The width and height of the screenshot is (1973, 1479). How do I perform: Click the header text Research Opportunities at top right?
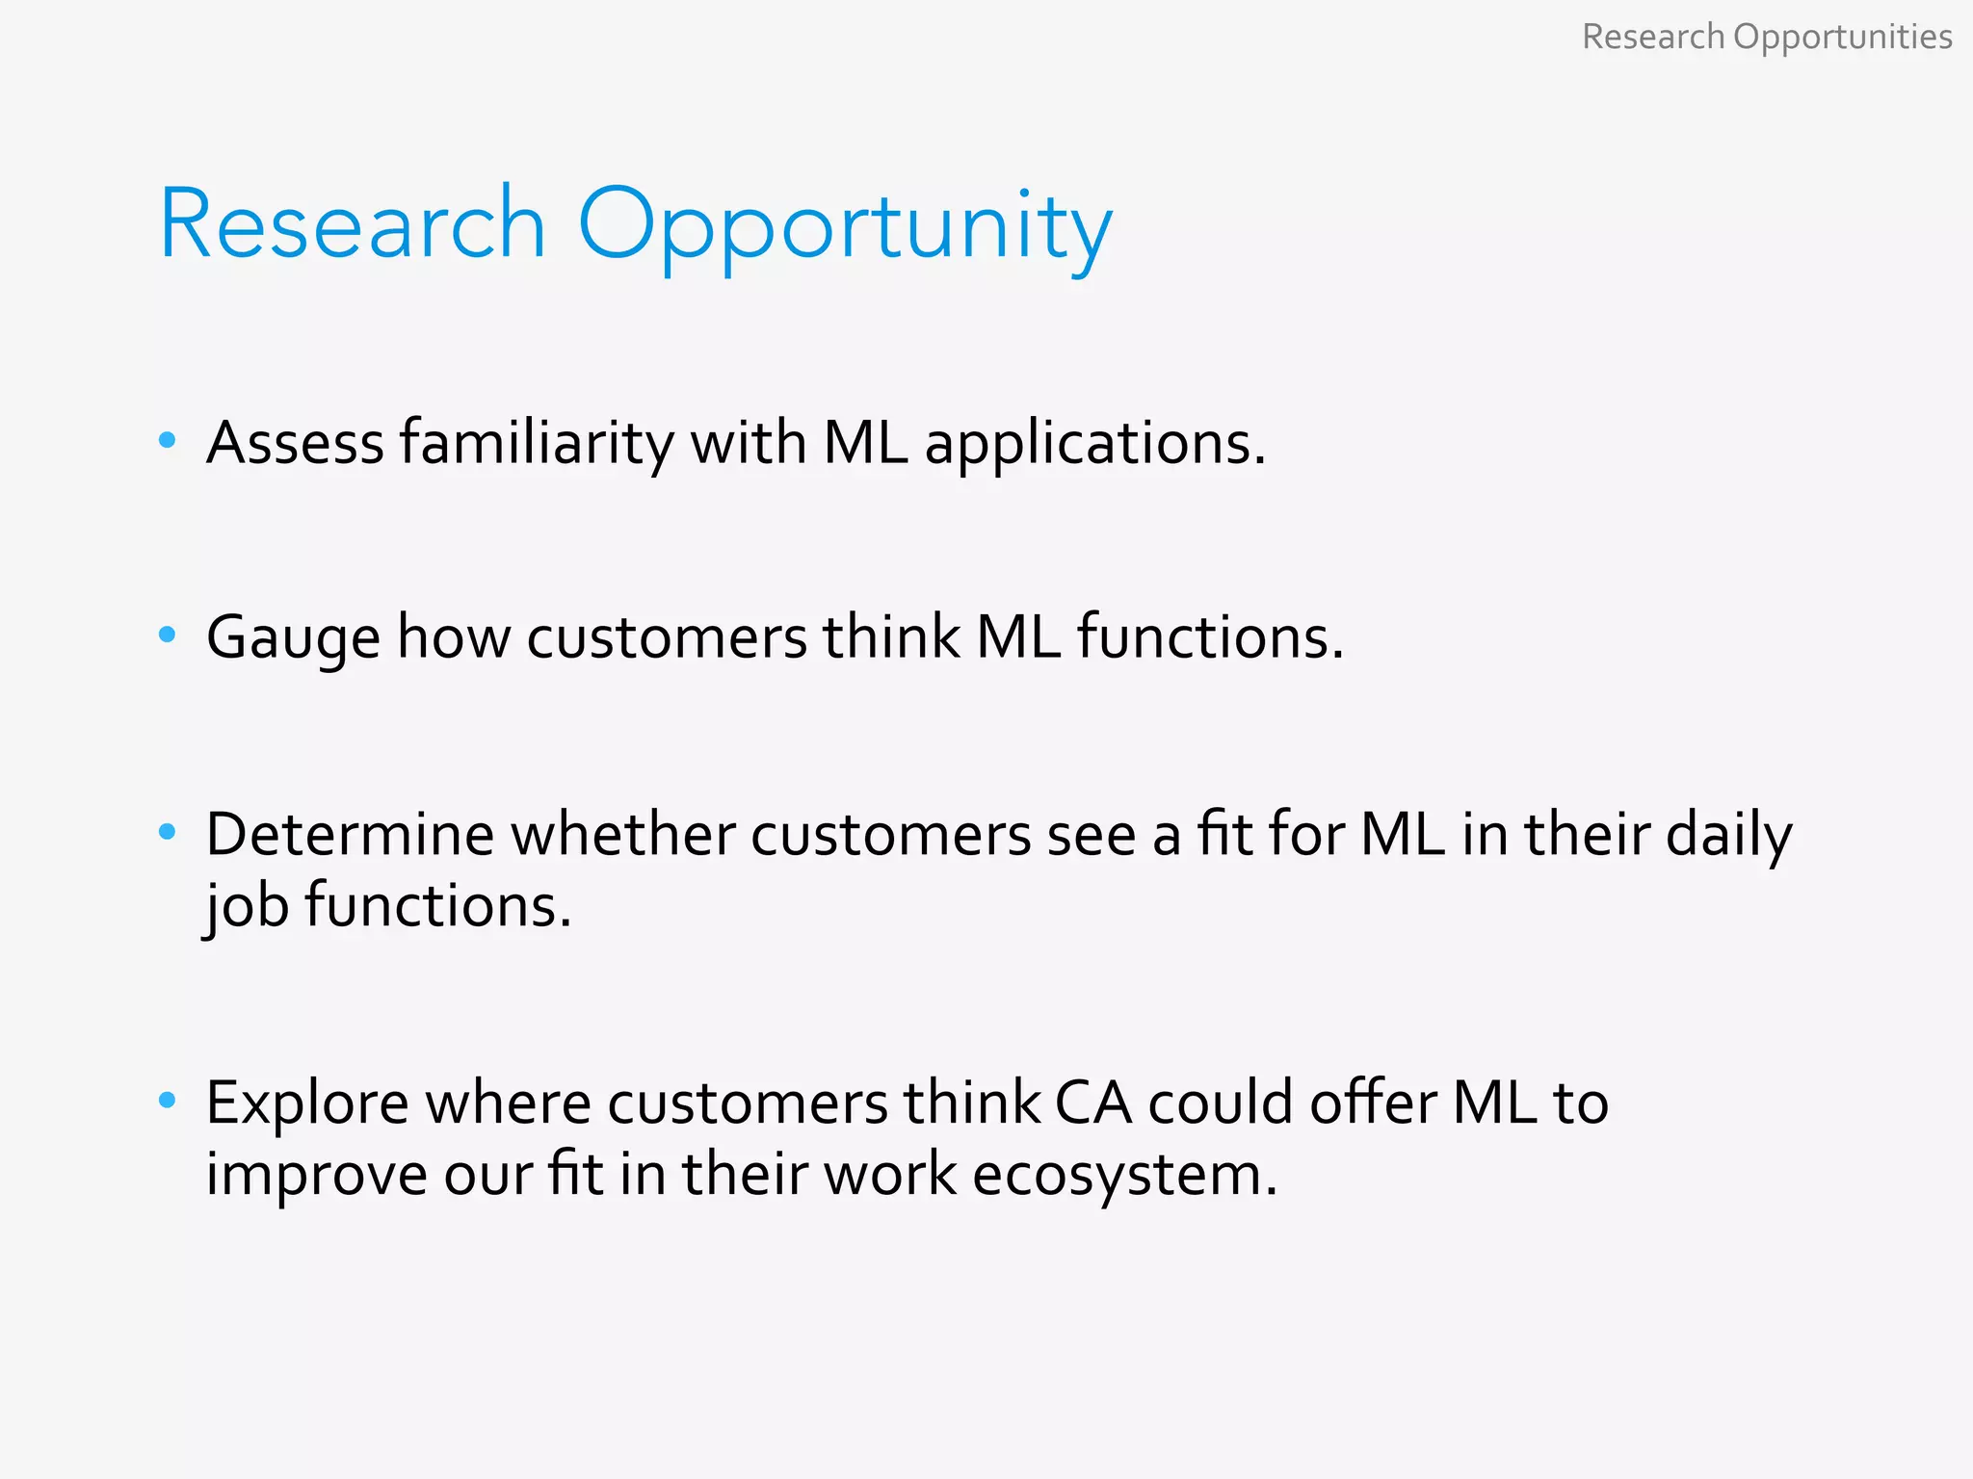[1767, 38]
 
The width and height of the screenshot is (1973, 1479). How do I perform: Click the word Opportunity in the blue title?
[845, 227]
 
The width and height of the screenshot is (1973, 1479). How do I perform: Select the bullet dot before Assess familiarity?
[168, 440]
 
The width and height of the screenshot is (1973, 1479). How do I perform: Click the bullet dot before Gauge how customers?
[168, 635]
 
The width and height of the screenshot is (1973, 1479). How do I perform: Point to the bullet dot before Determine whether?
[168, 831]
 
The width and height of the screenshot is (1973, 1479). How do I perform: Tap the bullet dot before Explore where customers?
[168, 1099]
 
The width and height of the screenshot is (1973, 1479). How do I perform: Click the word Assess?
[295, 443]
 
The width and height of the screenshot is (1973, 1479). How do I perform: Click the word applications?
[1094, 445]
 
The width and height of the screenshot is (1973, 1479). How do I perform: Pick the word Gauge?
[293, 638]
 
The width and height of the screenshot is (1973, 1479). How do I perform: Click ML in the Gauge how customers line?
[1018, 637]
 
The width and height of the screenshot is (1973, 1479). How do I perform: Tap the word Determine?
[350, 834]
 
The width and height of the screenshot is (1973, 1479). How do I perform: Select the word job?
[247, 907]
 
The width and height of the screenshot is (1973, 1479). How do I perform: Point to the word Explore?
[307, 1103]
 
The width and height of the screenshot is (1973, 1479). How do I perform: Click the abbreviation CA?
[1093, 1103]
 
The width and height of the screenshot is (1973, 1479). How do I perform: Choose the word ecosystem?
[1124, 1177]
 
